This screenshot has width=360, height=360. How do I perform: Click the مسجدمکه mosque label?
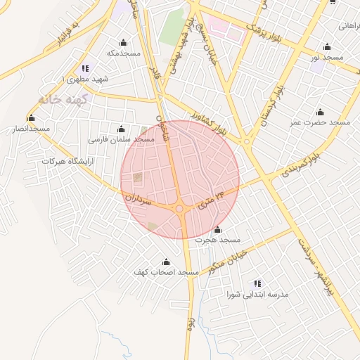pyautogui.click(x=124, y=53)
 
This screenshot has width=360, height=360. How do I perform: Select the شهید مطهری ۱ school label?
pyautogui.click(x=86, y=79)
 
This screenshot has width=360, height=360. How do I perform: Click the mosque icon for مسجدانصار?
pyautogui.click(x=31, y=117)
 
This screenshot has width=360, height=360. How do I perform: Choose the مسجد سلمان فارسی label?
pyautogui.click(x=121, y=139)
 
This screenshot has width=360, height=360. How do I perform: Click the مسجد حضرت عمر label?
pyautogui.click(x=321, y=122)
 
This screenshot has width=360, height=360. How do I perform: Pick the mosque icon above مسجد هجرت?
pyautogui.click(x=217, y=229)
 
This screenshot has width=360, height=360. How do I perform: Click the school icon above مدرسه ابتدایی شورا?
pyautogui.click(x=257, y=283)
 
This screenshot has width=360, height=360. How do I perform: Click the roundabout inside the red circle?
pyautogui.click(x=181, y=209)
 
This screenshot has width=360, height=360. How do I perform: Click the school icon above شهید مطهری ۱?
pyautogui.click(x=86, y=68)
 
